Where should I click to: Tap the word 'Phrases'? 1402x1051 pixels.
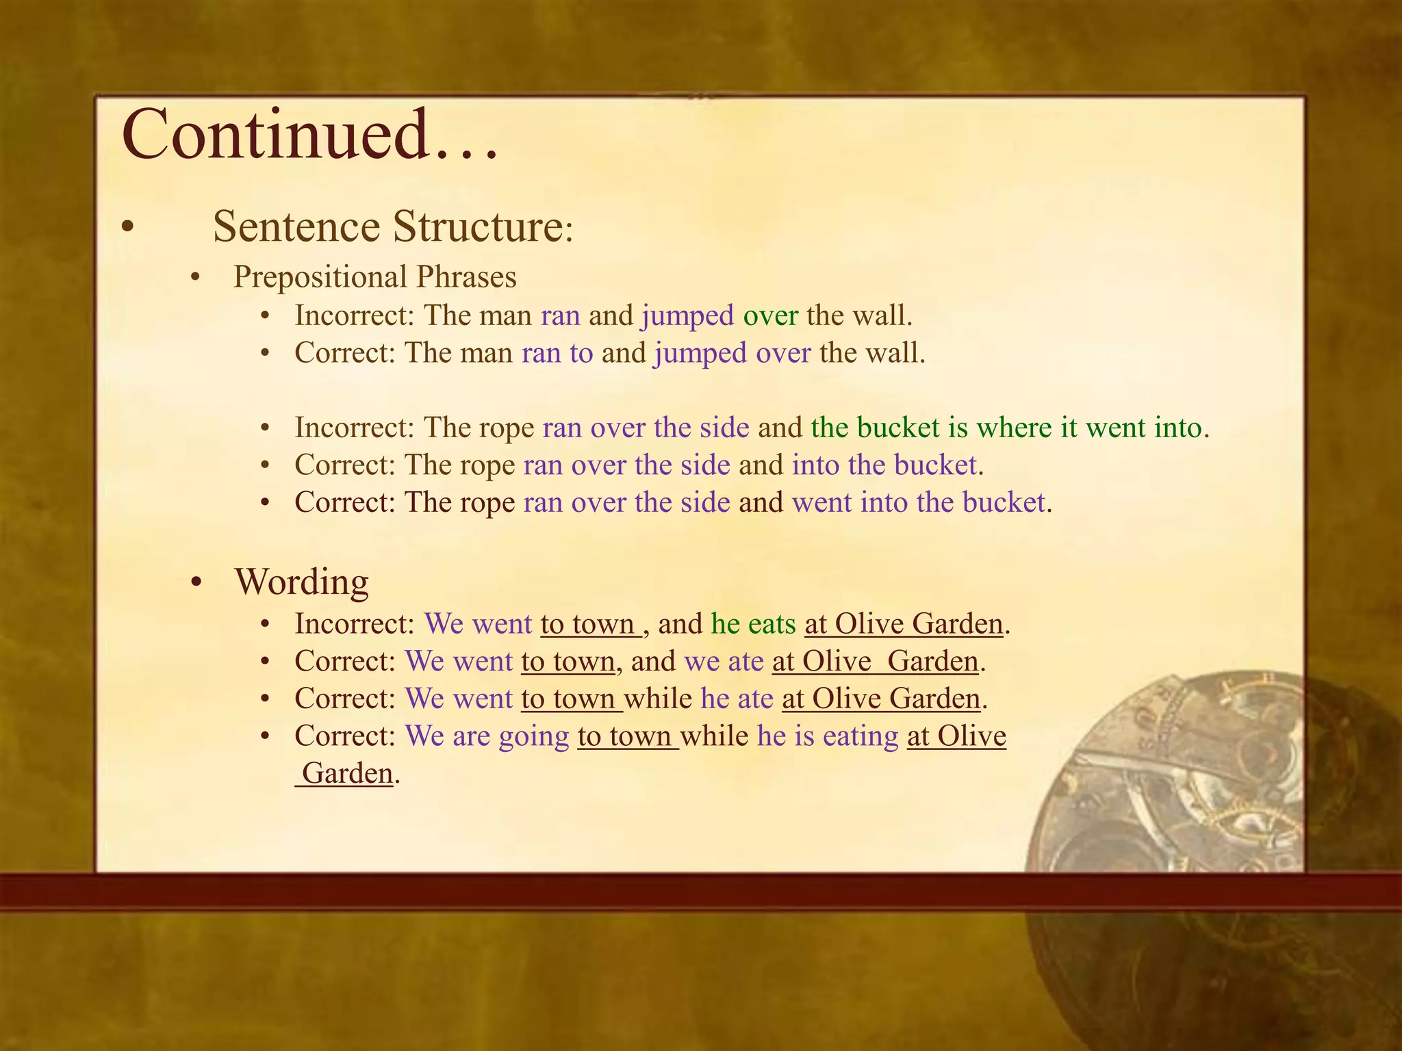point(466,277)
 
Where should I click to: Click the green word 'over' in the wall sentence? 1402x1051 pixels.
point(770,315)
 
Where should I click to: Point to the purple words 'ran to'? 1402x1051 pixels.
point(557,353)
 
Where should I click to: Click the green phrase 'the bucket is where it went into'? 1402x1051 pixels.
point(1006,428)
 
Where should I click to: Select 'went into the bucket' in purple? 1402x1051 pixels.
point(919,502)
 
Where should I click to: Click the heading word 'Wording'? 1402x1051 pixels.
point(302,582)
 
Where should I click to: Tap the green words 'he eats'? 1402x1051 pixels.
point(753,624)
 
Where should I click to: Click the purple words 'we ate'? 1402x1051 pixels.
point(724,662)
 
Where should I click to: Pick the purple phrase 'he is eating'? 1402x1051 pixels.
point(827,736)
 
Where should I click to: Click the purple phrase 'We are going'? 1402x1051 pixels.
point(487,736)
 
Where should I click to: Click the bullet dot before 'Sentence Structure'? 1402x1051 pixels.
point(126,228)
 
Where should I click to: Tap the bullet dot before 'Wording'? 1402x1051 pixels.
point(197,583)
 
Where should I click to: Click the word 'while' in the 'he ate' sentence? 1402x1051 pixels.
point(658,699)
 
